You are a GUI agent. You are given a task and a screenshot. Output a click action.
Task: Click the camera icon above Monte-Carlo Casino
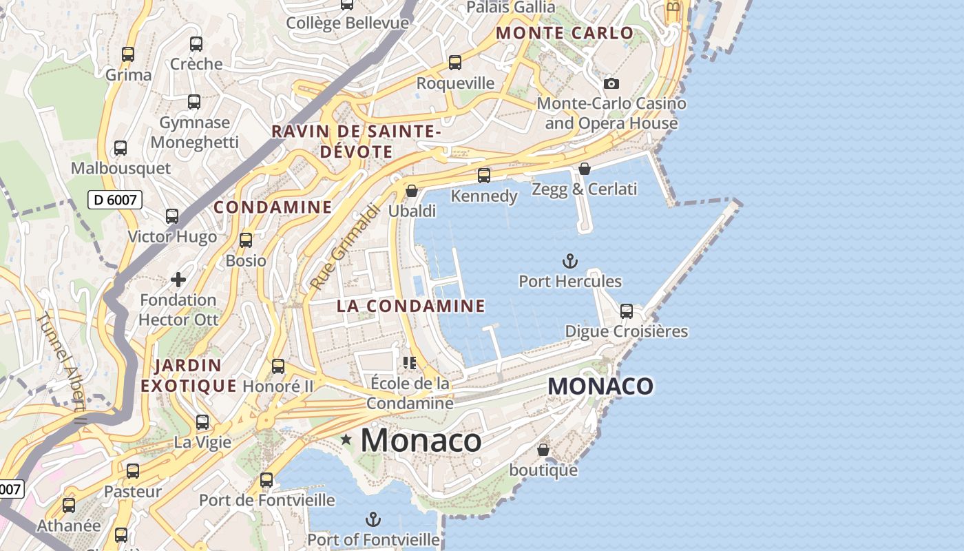pyautogui.click(x=611, y=83)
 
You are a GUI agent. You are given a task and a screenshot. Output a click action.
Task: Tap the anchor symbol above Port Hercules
pyautogui.click(x=569, y=261)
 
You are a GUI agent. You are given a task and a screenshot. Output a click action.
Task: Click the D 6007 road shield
pyautogui.click(x=116, y=200)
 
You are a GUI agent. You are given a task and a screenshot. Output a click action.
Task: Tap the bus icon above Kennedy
pyautogui.click(x=484, y=176)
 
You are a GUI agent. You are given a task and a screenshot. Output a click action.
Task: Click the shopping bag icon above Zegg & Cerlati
pyautogui.click(x=585, y=169)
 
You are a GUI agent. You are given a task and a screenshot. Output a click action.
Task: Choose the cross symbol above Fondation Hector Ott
pyautogui.click(x=178, y=279)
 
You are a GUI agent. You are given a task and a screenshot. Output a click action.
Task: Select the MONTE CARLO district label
pyautogui.click(x=565, y=33)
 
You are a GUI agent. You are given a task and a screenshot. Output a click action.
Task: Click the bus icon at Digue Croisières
pyautogui.click(x=627, y=311)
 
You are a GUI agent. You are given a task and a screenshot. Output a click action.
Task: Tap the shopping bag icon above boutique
pyautogui.click(x=543, y=450)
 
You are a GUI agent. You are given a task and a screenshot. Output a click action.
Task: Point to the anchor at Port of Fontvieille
pyautogui.click(x=373, y=519)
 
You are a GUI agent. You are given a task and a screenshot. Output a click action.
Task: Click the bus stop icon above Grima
pyautogui.click(x=128, y=54)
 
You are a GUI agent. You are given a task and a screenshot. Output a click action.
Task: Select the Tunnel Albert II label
pyautogui.click(x=62, y=368)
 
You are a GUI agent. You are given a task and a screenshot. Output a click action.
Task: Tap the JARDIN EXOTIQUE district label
pyautogui.click(x=189, y=375)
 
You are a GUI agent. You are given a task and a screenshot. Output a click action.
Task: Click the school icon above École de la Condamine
pyautogui.click(x=410, y=362)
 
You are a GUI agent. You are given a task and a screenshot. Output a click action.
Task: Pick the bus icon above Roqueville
pyautogui.click(x=455, y=63)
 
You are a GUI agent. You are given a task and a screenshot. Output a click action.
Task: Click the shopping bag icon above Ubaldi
pyautogui.click(x=412, y=191)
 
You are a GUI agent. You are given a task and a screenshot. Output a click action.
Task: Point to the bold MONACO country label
pyautogui.click(x=600, y=386)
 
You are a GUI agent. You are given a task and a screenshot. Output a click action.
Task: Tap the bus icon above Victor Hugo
pyautogui.click(x=172, y=216)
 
